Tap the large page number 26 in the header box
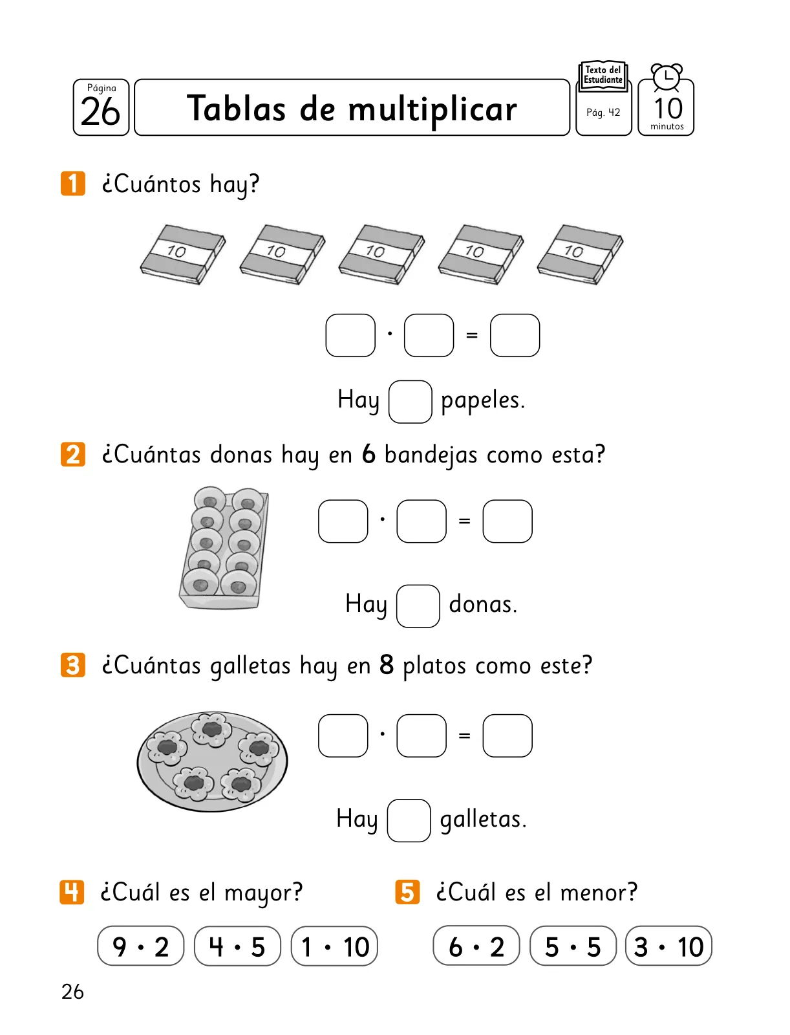[x=100, y=112]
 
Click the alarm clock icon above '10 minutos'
[x=667, y=77]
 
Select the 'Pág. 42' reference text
[x=603, y=112]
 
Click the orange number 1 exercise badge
[x=73, y=184]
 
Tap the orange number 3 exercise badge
[x=73, y=665]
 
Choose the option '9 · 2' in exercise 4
[x=140, y=946]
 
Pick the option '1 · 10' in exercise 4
[x=334, y=946]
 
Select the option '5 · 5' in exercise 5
[x=573, y=946]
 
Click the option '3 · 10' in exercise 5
[x=668, y=946]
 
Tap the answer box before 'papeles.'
[x=411, y=402]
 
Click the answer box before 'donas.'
[x=418, y=606]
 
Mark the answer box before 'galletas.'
[x=409, y=820]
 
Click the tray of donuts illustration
[x=224, y=548]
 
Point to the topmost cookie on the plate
[x=212, y=728]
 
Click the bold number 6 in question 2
[x=368, y=454]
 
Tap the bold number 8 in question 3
[x=387, y=665]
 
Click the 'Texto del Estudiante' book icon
[x=603, y=76]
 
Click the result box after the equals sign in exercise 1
[x=515, y=335]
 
